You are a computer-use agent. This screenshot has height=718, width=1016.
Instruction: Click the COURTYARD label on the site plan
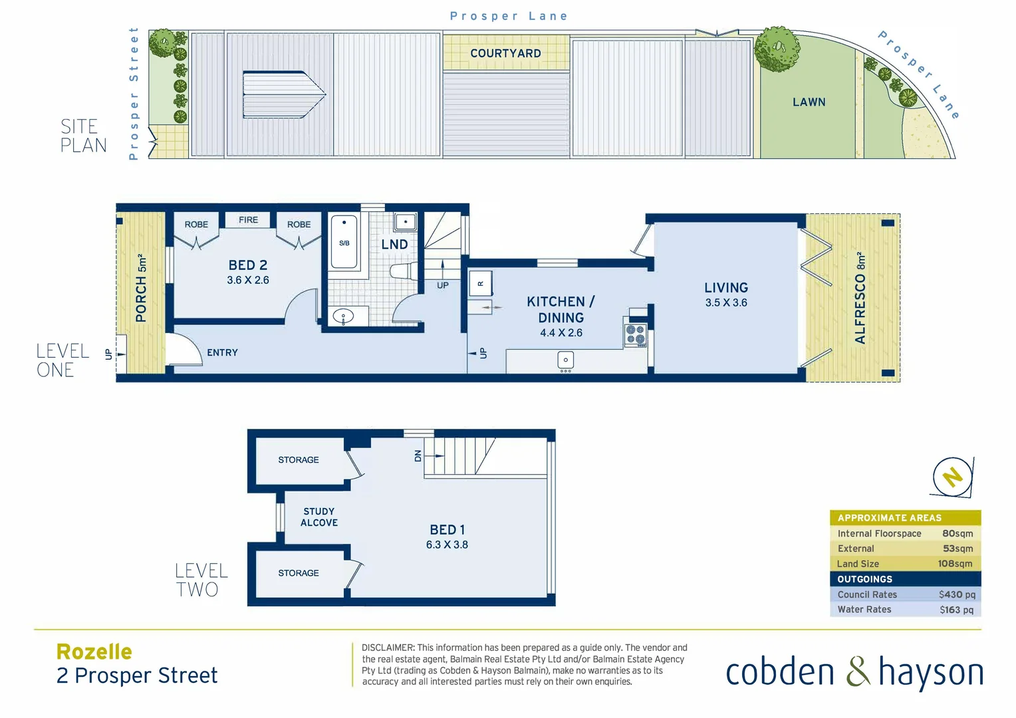coord(505,53)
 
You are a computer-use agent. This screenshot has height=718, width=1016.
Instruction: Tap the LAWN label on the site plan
coord(809,102)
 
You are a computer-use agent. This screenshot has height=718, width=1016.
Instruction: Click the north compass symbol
coord(952,477)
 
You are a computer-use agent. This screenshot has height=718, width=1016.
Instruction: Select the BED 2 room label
coord(248,265)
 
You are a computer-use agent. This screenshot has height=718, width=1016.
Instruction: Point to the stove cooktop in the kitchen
coord(636,335)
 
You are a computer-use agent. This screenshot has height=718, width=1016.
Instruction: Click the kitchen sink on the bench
coord(565,361)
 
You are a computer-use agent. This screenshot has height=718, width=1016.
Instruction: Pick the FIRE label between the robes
coord(248,220)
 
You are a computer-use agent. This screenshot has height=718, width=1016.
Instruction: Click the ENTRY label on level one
coord(222,353)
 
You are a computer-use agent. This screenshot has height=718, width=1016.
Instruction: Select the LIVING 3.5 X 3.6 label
coord(726,295)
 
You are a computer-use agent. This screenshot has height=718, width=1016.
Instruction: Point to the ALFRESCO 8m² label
coord(860,298)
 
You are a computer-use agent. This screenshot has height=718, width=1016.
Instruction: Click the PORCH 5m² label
coord(141,288)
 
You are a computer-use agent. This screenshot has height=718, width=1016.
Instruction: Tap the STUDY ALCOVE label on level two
coord(319,517)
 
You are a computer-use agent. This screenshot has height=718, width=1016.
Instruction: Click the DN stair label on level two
coord(418,455)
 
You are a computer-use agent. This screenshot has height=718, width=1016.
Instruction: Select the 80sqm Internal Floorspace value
coord(957,533)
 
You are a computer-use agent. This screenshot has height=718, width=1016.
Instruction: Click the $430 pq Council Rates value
coord(957,594)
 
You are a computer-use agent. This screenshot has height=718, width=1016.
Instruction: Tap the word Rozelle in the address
coord(94,652)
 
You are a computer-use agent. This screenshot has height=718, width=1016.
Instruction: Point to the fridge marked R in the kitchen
coord(480,284)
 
